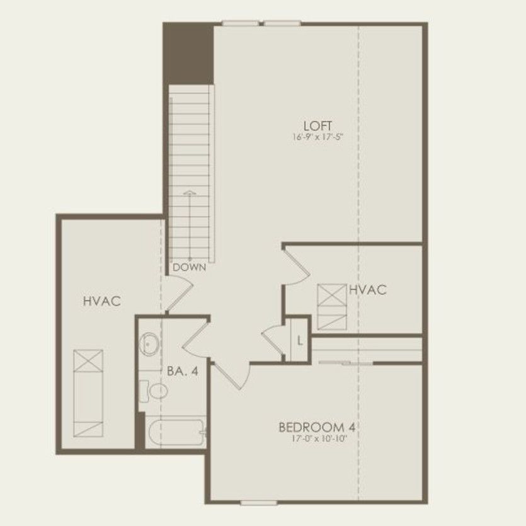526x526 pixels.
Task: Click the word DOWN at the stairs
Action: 190,267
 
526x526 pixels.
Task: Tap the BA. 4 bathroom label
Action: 183,372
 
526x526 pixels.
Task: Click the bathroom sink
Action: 149,343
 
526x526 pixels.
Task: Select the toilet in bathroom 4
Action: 153,391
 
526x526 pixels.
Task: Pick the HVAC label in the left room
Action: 101,302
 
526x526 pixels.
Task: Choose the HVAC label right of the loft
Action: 367,290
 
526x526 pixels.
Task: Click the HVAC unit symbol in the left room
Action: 88,393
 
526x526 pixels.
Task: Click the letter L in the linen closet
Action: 300,342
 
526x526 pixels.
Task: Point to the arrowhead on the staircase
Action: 190,192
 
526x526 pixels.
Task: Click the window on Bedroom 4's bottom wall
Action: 258,502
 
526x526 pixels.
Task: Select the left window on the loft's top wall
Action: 239,24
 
